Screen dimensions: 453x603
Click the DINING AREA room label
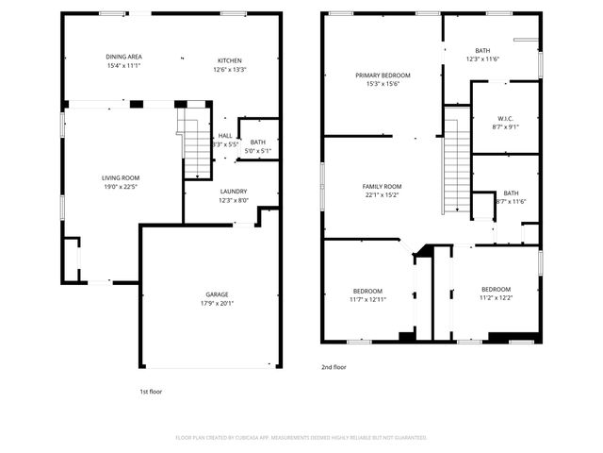coord(123,57)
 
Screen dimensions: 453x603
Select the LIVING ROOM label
coord(121,177)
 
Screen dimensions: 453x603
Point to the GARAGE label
coord(217,294)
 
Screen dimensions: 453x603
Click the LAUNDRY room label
coord(233,191)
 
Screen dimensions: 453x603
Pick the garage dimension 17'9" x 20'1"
coord(217,304)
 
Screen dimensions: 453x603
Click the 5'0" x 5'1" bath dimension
coord(258,151)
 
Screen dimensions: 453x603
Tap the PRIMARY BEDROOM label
coord(383,75)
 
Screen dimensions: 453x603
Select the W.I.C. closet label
coord(505,118)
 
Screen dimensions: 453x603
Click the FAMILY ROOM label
coord(383,186)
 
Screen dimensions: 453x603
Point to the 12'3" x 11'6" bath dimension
coord(482,59)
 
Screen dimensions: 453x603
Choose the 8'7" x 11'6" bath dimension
coord(511,201)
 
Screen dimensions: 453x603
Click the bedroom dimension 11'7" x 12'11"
coord(367,299)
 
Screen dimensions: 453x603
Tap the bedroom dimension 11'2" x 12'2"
coord(496,298)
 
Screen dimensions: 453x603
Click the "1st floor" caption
coord(150,390)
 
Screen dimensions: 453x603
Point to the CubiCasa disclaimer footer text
coord(301,438)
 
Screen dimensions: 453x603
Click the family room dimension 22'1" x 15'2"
coord(383,195)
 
